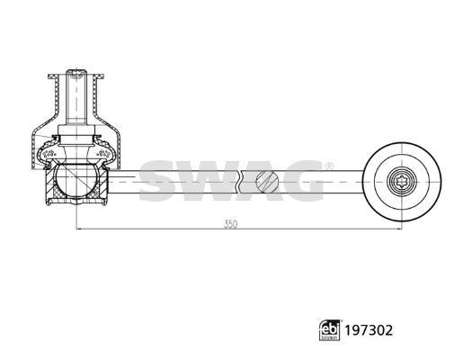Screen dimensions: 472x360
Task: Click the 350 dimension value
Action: click(230, 224)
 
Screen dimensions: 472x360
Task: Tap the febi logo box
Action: click(330, 330)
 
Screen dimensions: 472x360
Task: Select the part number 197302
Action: click(369, 330)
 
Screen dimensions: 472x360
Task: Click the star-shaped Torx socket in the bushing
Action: click(402, 182)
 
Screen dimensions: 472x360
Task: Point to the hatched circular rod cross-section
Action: click(267, 182)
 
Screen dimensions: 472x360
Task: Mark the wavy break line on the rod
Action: click(239, 182)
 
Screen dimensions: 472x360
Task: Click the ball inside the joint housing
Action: click(76, 180)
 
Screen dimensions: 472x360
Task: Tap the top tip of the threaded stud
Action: click(76, 70)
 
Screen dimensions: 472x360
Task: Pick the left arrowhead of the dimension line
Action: click(79, 229)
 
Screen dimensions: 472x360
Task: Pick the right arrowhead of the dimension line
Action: click(399, 229)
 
